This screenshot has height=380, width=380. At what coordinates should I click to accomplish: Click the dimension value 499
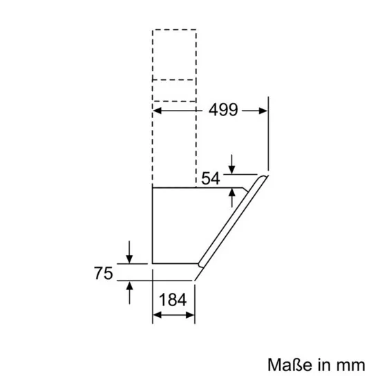[222, 109]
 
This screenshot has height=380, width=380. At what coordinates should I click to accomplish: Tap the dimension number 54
[211, 178]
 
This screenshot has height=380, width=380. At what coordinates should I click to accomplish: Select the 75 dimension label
[103, 273]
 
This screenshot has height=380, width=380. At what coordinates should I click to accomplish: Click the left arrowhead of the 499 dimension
[158, 109]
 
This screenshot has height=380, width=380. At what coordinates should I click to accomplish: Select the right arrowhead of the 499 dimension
[262, 109]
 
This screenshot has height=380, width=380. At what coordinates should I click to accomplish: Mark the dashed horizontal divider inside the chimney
[174, 80]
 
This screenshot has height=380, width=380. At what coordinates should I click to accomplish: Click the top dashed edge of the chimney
[174, 30]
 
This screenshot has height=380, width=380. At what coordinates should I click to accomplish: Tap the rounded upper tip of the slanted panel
[264, 178]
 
